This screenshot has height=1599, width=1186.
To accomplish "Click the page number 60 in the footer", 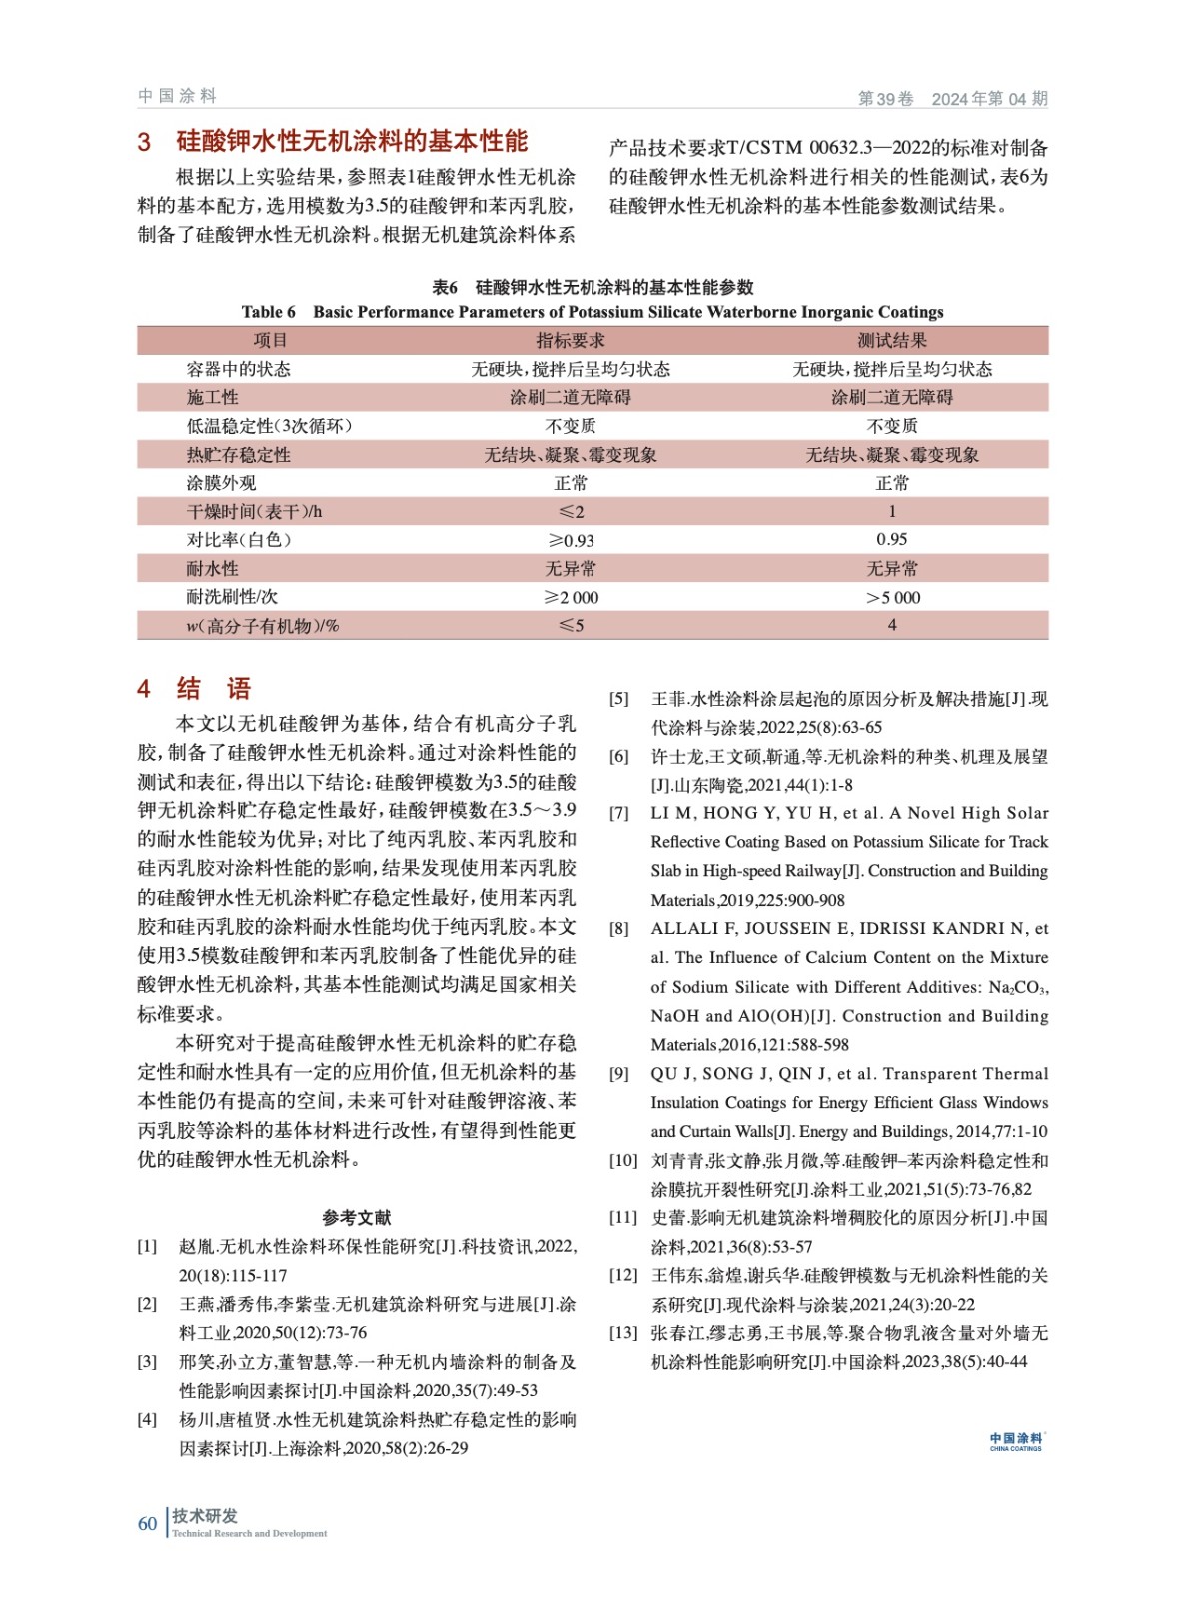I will [147, 1523].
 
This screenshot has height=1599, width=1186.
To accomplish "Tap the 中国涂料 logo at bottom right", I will [1015, 1441].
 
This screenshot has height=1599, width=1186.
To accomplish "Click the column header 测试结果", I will [891, 341].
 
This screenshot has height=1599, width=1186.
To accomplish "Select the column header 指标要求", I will [570, 341].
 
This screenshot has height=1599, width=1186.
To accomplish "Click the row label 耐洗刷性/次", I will [232, 597].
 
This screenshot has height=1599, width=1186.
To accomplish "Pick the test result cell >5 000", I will [892, 598].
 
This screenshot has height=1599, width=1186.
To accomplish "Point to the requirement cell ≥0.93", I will [570, 541].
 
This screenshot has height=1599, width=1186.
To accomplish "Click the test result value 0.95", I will [891, 540].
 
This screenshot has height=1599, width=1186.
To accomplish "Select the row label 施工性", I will [212, 398].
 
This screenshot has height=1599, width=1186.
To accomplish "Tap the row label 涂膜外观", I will [221, 484].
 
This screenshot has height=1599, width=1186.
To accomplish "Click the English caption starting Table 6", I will [592, 312].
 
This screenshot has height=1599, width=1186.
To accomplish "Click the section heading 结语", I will [213, 689].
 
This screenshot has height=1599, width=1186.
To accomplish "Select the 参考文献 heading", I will [357, 1217].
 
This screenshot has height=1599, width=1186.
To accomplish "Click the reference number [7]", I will [619, 814].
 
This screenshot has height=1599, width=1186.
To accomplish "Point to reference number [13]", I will [622, 1333].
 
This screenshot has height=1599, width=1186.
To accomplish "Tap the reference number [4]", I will [147, 1419].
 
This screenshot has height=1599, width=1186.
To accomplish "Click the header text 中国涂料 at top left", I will [177, 96].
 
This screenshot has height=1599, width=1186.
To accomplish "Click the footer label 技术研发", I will [205, 1516].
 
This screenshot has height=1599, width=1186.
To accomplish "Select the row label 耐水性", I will [212, 569].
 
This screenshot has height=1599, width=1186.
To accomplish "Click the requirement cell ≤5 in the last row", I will [570, 626].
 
